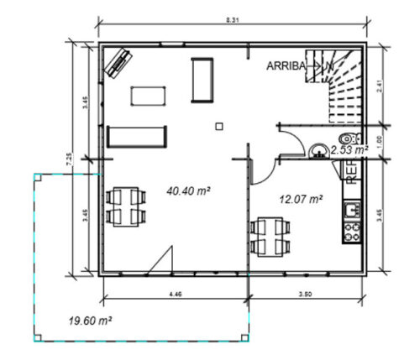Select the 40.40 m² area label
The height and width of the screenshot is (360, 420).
pyautogui.click(x=189, y=192)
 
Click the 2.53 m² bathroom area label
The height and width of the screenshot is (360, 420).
pyautogui.click(x=349, y=149)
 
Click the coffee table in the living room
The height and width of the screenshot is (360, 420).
pyautogui.click(x=149, y=95)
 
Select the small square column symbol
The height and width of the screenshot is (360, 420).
pyautogui.click(x=218, y=126)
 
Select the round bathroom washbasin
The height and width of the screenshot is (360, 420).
pyautogui.click(x=318, y=151)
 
